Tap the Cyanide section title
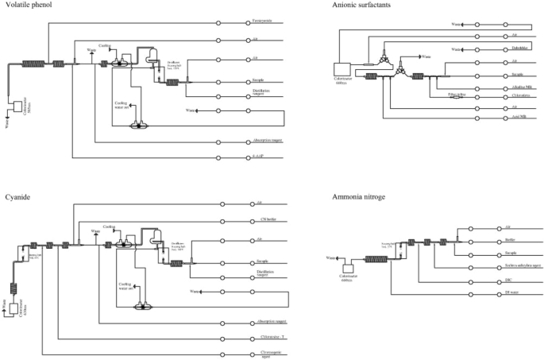(x=15, y=195)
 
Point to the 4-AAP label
(x=256, y=157)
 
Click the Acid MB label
(x=521, y=118)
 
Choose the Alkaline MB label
(x=523, y=87)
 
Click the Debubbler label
(x=521, y=48)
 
